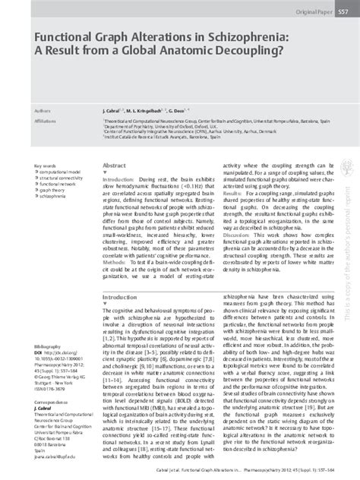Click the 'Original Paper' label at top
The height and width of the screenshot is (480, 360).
click(x=302, y=14)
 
